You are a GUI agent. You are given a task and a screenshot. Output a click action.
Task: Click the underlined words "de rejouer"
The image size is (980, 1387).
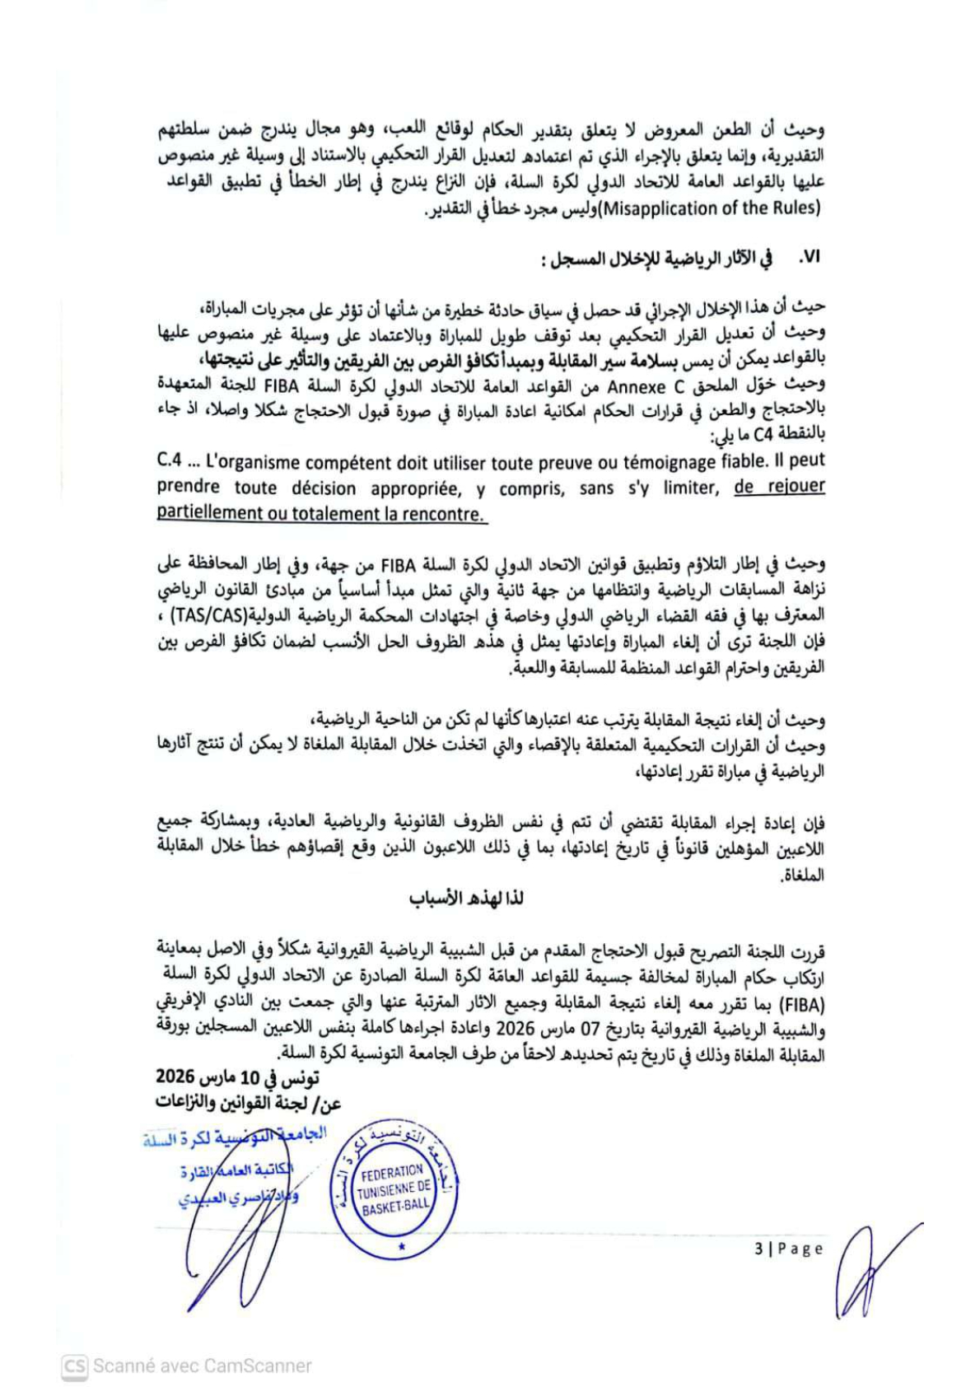tap(779, 486)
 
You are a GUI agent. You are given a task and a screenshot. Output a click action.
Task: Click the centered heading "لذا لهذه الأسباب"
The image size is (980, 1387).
tap(467, 899)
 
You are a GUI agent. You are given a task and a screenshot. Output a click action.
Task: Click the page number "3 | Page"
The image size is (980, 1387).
tap(789, 1249)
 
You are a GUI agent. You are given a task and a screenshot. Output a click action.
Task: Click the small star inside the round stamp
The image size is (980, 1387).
tap(401, 1247)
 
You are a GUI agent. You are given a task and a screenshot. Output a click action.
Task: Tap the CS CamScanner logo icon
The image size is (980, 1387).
tap(74, 1366)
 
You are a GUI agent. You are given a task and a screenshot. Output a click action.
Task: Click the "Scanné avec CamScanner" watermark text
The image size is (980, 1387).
tap(202, 1366)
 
